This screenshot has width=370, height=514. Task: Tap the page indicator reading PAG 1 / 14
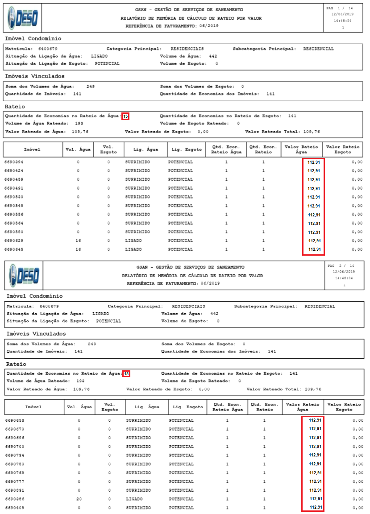[340, 8]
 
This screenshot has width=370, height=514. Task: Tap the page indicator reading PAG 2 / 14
[341, 265]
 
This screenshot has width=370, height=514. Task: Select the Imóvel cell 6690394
[14, 162]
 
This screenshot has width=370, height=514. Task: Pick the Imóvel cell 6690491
[14, 188]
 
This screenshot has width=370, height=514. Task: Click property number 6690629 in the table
[14, 240]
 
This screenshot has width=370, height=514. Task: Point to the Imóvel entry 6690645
[14, 249]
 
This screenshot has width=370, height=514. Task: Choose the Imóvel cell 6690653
[15, 420]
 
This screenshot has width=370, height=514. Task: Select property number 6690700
[15, 447]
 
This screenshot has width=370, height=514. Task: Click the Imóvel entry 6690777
[15, 481]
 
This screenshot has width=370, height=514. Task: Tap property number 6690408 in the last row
[15, 508]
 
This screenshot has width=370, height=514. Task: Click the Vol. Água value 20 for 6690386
[79, 499]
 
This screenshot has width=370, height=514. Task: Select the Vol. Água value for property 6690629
[78, 240]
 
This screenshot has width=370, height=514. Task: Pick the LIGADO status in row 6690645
[133, 249]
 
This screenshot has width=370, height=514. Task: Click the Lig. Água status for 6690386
[134, 499]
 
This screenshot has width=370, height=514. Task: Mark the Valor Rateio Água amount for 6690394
[314, 162]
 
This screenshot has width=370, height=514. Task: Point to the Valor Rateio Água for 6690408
[315, 508]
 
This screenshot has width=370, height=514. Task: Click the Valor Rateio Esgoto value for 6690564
[357, 223]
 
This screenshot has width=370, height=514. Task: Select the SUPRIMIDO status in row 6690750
[138, 464]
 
